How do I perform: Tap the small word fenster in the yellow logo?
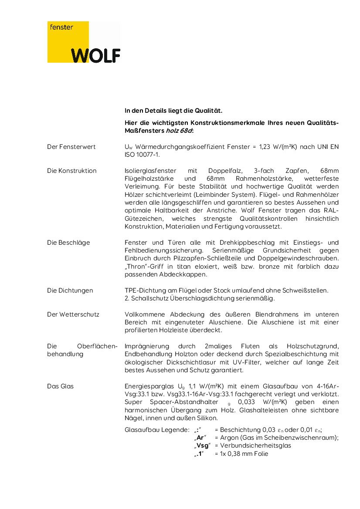(61, 27)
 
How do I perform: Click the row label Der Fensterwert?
(71, 147)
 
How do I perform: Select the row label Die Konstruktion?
(72, 171)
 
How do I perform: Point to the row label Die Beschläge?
(68, 243)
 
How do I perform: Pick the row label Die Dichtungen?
(70, 290)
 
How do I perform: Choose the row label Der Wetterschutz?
(73, 314)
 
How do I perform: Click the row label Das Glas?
(60, 386)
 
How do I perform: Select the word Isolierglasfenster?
(149, 171)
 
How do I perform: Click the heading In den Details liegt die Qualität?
(173, 111)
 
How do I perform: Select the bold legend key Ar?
(200, 438)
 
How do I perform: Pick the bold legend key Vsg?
(202, 445)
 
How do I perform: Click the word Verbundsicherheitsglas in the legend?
(256, 445)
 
